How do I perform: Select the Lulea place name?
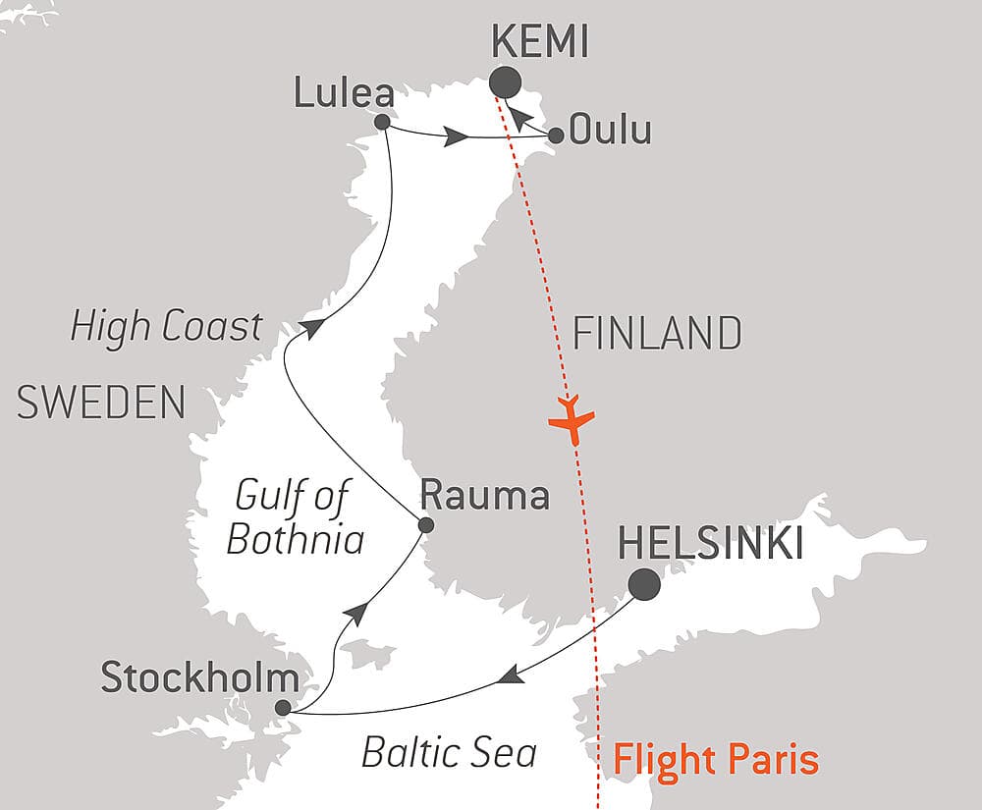click(x=345, y=94)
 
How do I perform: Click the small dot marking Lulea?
click(x=382, y=123)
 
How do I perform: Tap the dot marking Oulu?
click(x=556, y=135)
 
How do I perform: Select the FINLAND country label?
click(x=657, y=335)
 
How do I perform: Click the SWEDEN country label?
click(x=101, y=404)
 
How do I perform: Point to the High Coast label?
click(x=167, y=327)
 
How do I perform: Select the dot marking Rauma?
click(x=425, y=525)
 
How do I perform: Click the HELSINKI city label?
click(x=710, y=543)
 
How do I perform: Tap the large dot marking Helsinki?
click(x=644, y=584)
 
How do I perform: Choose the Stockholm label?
click(x=199, y=677)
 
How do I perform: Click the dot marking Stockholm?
click(x=283, y=707)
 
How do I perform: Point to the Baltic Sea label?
click(x=449, y=752)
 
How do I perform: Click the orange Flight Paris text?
click(x=715, y=759)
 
